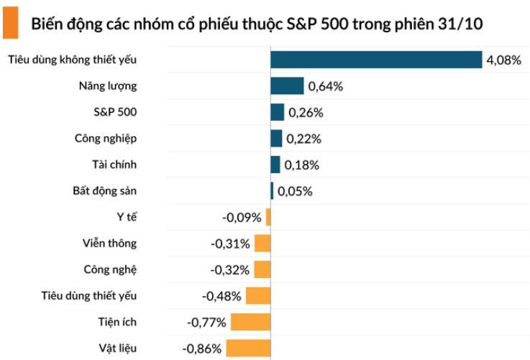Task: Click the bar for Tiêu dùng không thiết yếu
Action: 375,60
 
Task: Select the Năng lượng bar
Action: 287,86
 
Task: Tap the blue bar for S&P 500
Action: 278,112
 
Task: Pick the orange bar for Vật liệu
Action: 248,349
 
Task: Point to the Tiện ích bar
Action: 250,322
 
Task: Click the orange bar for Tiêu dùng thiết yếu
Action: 257,295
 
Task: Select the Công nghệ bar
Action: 262,269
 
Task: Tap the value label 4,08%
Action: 503,60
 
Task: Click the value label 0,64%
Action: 326,87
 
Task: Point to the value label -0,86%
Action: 203,349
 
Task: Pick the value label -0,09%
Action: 242,218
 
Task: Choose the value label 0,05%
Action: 294,192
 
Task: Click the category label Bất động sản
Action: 104,191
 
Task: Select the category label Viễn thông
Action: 109,244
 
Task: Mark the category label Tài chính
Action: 114,165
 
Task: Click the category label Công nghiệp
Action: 105,139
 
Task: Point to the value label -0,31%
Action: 230,244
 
